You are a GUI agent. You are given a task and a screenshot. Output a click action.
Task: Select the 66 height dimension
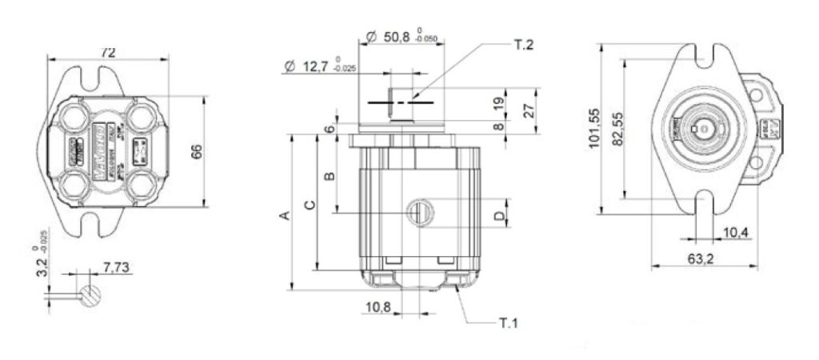click(197, 151)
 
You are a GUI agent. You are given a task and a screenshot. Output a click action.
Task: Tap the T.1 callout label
click(509, 324)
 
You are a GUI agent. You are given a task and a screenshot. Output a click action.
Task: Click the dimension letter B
click(326, 175)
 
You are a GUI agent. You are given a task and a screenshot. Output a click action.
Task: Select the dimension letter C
click(310, 204)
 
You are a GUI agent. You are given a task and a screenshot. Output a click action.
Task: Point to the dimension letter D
click(497, 215)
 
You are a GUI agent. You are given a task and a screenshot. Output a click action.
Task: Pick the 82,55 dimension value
click(618, 129)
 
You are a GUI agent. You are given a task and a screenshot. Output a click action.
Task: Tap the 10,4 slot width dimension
click(734, 233)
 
